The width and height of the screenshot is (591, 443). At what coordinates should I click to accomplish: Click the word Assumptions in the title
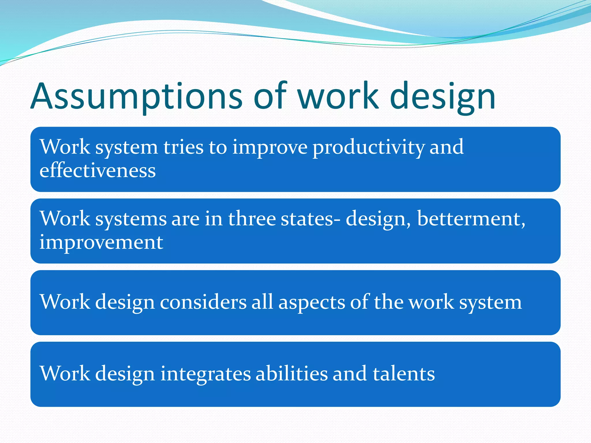(x=136, y=97)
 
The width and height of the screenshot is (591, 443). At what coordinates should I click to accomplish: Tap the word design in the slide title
(x=442, y=97)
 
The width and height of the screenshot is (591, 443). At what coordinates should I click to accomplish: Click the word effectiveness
(x=98, y=170)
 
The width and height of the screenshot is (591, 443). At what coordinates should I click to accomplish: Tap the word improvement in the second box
(x=101, y=242)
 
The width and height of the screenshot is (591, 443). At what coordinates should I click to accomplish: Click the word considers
(x=203, y=302)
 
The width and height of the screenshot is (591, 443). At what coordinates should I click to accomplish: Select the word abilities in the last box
(x=291, y=374)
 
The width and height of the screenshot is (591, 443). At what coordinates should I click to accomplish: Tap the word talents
(x=403, y=374)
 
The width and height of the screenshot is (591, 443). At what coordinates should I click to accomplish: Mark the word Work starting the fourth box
(x=65, y=374)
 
